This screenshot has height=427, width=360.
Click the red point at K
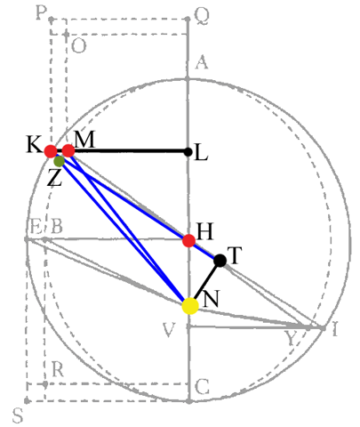tap(51, 151)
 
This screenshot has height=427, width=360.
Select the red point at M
tap(68, 151)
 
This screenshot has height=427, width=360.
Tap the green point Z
tap(60, 161)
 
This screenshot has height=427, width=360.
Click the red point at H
tap(188, 240)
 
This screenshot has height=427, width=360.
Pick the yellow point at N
tap(190, 306)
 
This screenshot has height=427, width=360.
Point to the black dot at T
tap(220, 261)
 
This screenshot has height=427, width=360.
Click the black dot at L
tap(188, 152)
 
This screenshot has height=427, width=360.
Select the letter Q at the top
tap(202, 16)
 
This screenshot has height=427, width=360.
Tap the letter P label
tap(41, 13)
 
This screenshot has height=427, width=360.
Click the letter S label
tap(18, 415)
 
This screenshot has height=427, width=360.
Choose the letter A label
tap(202, 62)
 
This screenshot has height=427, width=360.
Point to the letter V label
tap(169, 330)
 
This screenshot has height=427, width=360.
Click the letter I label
tap(335, 329)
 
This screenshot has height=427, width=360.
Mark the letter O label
tap(79, 46)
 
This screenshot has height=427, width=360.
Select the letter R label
tap(58, 369)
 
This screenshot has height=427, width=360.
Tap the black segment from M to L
tap(128, 151)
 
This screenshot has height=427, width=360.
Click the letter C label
tap(203, 387)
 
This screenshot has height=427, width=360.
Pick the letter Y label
tap(291, 338)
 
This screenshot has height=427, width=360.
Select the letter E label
tap(36, 228)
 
